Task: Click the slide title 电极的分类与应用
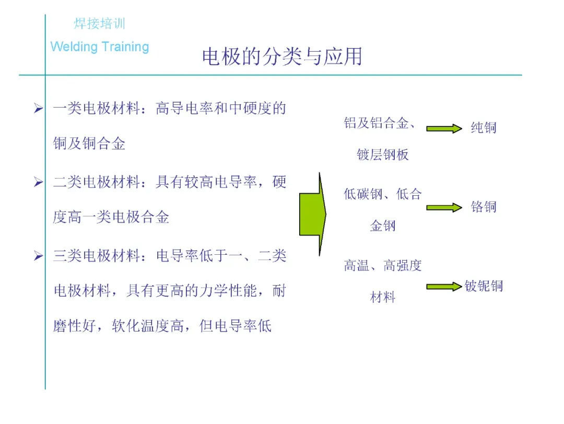point(282,57)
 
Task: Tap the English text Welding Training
point(100,47)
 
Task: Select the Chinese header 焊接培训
point(99,24)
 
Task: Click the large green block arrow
point(312,214)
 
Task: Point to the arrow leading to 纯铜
point(444,128)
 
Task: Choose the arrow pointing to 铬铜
point(444,207)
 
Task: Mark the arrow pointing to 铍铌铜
point(444,287)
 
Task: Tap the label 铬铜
point(483,207)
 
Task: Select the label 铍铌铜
point(484,286)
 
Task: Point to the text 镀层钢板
point(383,155)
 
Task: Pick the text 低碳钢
point(362,195)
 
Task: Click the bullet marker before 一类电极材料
point(38,109)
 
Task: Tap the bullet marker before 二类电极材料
point(38,182)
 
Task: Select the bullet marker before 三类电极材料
point(38,256)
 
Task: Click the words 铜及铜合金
point(89,144)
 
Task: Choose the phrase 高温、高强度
point(383,266)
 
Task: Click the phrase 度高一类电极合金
point(111,217)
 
